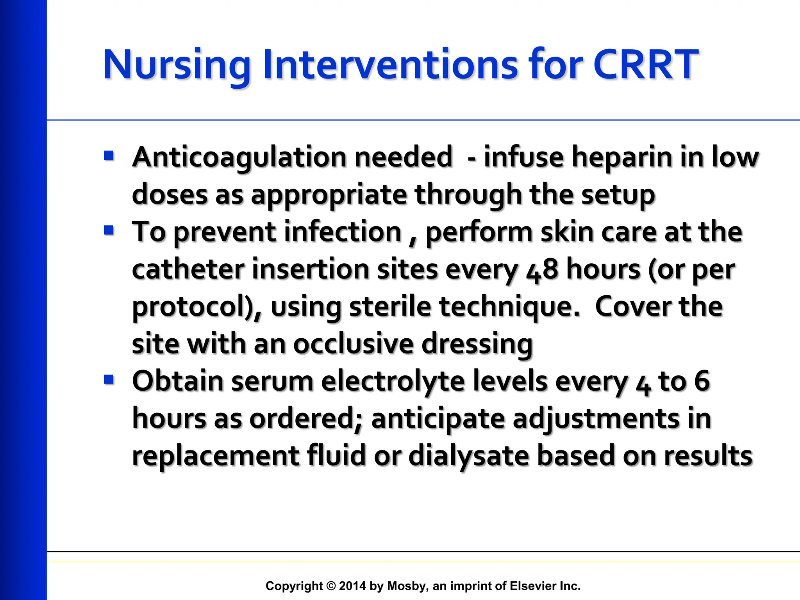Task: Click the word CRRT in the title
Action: pos(645,64)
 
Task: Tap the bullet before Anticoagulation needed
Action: pos(109,156)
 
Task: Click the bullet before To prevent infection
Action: pos(109,230)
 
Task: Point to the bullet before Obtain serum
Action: pos(109,380)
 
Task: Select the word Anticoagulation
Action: pos(239,157)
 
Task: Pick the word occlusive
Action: pos(354,344)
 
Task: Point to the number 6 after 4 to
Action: pos(702,381)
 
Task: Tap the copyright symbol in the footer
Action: pos(331,586)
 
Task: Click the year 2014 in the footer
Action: pos(352,586)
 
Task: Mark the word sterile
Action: pos(390,307)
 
